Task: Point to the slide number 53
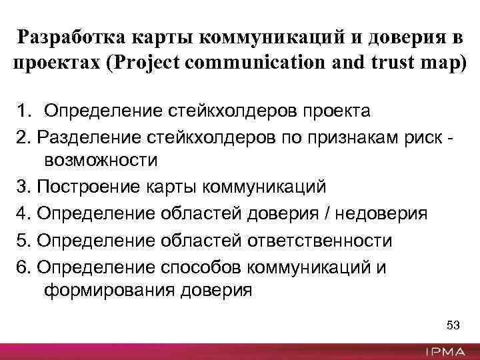pos(453,325)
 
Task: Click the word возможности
pos(101,161)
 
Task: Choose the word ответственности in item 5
pos(319,240)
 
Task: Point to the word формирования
pos(113,291)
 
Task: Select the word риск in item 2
pos(429,135)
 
